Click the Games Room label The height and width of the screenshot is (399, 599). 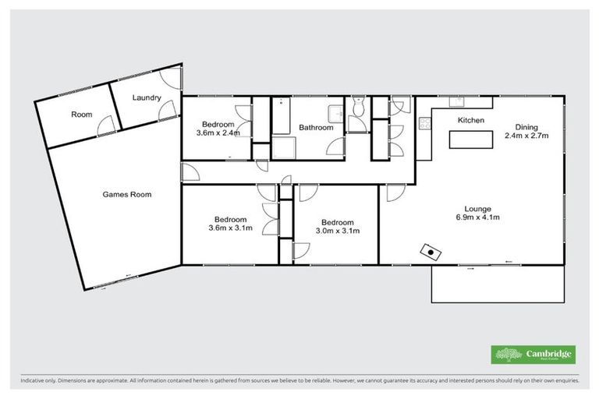pyautogui.click(x=127, y=194)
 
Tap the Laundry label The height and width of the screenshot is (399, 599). pyautogui.click(x=147, y=97)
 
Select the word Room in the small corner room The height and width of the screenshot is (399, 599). pyautogui.click(x=82, y=115)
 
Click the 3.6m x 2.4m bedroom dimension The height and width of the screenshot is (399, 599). pyautogui.click(x=218, y=133)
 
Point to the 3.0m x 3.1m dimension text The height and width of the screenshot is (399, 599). pyautogui.click(x=337, y=230)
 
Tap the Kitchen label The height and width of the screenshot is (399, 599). pyautogui.click(x=471, y=121)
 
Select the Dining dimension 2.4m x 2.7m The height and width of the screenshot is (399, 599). pyautogui.click(x=526, y=135)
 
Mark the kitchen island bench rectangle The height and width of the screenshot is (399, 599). pyautogui.click(x=471, y=140)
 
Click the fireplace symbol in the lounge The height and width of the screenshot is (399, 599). pyautogui.click(x=430, y=251)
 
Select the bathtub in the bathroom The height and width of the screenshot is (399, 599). pyautogui.click(x=280, y=115)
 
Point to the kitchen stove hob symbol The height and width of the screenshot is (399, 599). pyautogui.click(x=425, y=122)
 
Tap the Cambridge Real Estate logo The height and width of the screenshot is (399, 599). pyautogui.click(x=533, y=355)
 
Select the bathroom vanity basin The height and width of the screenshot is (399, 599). pyautogui.click(x=335, y=114)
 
